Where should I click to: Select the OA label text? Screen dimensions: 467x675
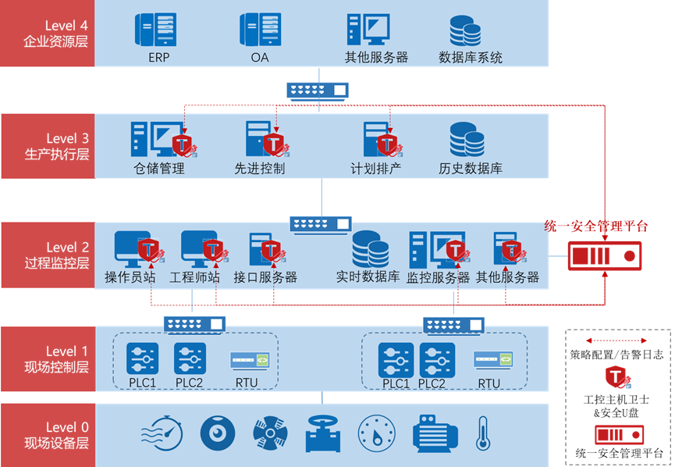click(260, 57)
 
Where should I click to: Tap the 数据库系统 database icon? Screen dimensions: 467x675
click(466, 30)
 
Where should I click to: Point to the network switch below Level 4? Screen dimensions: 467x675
click(317, 91)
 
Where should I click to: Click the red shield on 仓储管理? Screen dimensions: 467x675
click(183, 144)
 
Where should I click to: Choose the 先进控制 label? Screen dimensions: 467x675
click(260, 168)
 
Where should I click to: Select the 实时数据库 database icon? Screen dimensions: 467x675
click(370, 249)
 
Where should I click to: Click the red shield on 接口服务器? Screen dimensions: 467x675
click(271, 251)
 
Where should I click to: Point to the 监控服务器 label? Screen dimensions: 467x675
click(438, 277)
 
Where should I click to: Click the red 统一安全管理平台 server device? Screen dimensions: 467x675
click(605, 255)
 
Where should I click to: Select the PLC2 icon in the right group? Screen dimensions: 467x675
click(437, 360)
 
